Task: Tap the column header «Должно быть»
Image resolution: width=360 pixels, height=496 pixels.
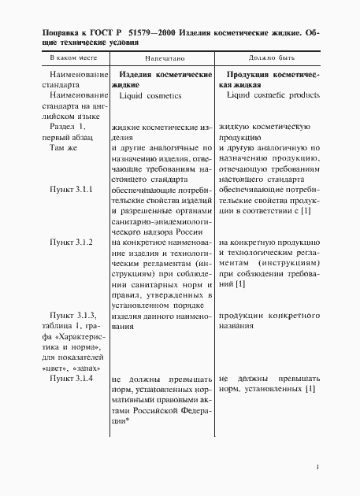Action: [269, 59]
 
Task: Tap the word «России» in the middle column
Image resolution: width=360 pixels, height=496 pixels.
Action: [191, 231]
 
